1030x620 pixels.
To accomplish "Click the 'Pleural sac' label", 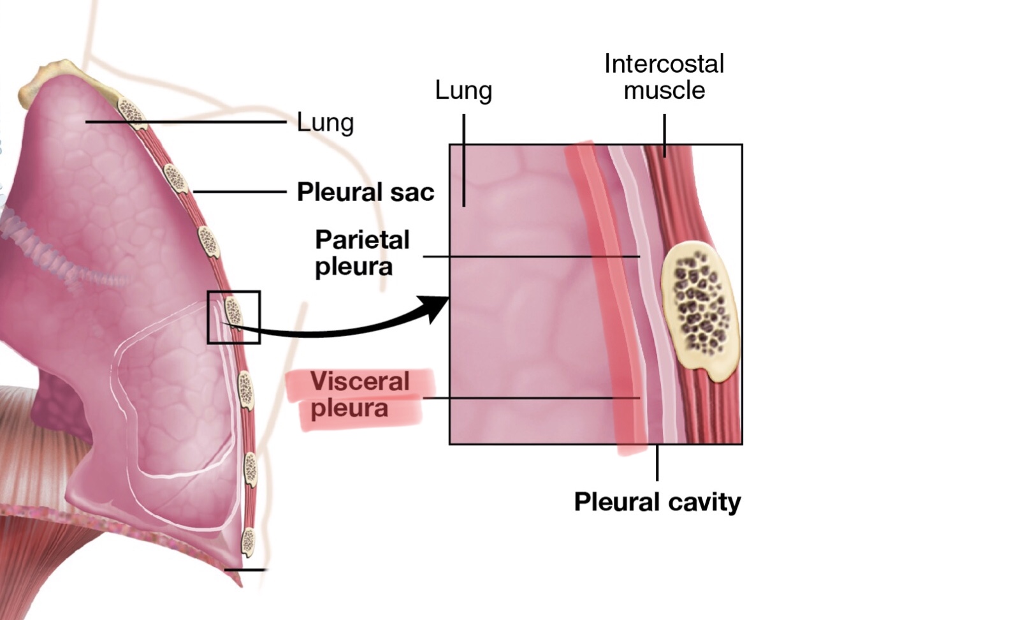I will [365, 191].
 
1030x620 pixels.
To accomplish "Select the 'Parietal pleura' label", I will [362, 253].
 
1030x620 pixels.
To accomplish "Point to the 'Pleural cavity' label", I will [657, 501].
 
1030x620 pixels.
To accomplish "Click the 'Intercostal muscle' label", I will [664, 77].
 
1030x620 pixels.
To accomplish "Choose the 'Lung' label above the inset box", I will [463, 91].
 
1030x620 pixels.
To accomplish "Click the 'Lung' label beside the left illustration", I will [325, 122].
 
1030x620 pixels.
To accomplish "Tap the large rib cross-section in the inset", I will [699, 312].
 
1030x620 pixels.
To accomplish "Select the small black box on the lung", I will [233, 317].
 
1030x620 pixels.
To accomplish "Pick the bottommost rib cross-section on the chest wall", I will [247, 542].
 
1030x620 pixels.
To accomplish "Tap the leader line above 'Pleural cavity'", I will [657, 462].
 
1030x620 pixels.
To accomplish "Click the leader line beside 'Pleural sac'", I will [239, 191].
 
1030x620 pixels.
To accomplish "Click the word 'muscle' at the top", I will [664, 91].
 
